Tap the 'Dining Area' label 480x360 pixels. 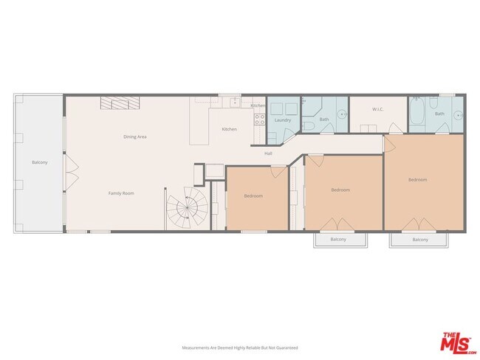point(134,136)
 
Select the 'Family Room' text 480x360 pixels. point(121,193)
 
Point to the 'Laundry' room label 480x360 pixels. point(282,120)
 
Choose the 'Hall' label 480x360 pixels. point(270,153)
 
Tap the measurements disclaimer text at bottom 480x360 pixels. point(240,347)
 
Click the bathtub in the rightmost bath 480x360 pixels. point(417,114)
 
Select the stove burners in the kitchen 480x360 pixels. point(259,118)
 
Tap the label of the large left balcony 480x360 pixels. point(39,162)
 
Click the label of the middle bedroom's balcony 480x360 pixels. point(338,240)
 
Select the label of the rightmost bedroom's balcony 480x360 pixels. point(420,240)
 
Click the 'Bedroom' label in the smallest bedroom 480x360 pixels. point(254,195)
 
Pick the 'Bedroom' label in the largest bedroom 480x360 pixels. point(417,179)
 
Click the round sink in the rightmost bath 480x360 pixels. point(458,115)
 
